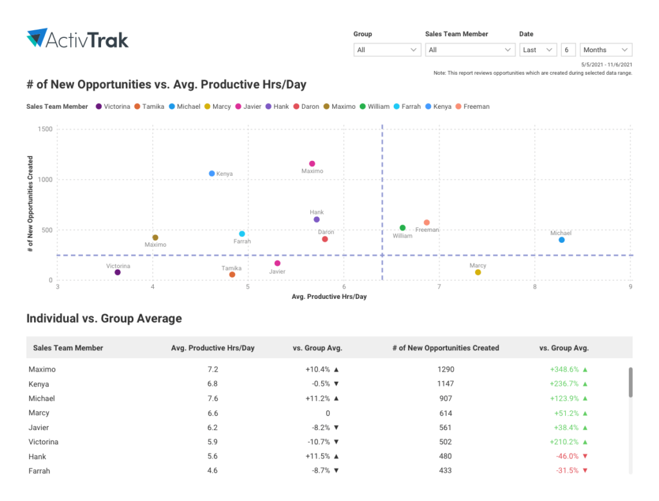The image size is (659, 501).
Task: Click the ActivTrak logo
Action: pos(78,39)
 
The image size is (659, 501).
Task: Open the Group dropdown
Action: pos(387,50)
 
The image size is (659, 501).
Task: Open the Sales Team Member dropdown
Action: pos(469,50)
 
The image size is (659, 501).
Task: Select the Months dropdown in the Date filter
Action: pos(606,50)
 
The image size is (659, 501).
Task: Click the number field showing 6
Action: pos(568,50)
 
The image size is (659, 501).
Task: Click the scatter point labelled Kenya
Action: pos(212,173)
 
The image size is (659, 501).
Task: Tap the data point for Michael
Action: pos(562,240)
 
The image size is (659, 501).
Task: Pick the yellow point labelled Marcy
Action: pos(478,272)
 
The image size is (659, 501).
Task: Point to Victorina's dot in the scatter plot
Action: pos(118,272)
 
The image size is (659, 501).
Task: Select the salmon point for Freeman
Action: pos(427,223)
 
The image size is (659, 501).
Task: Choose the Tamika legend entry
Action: pos(149,107)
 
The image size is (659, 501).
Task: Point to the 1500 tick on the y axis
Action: pos(45,129)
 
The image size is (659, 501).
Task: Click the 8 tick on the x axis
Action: pos(535,287)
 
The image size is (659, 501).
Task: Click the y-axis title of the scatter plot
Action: pos(31,203)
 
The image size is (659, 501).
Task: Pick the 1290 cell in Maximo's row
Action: pos(445,370)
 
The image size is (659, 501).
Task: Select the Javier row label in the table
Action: pos(39,428)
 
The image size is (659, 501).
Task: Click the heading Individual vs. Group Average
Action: pos(104,319)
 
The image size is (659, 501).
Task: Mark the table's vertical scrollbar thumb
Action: pos(631,382)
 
